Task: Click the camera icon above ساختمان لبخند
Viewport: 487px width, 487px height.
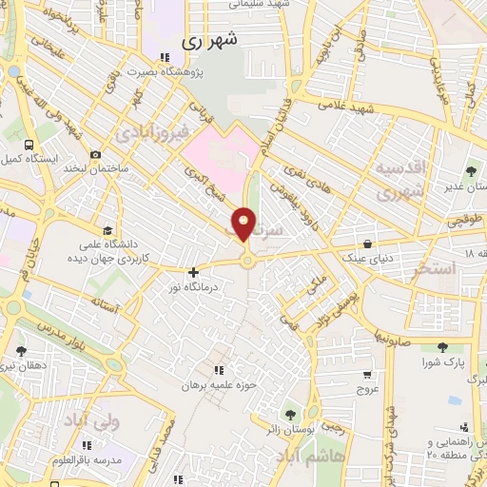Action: point(95,155)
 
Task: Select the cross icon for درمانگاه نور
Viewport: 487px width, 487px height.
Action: point(194,272)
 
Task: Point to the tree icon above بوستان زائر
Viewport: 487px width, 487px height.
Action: point(290,413)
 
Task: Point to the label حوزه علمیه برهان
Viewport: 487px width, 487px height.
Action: point(219,384)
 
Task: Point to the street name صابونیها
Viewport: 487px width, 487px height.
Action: point(393,336)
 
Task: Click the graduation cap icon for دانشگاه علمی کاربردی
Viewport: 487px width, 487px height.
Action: point(107,230)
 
